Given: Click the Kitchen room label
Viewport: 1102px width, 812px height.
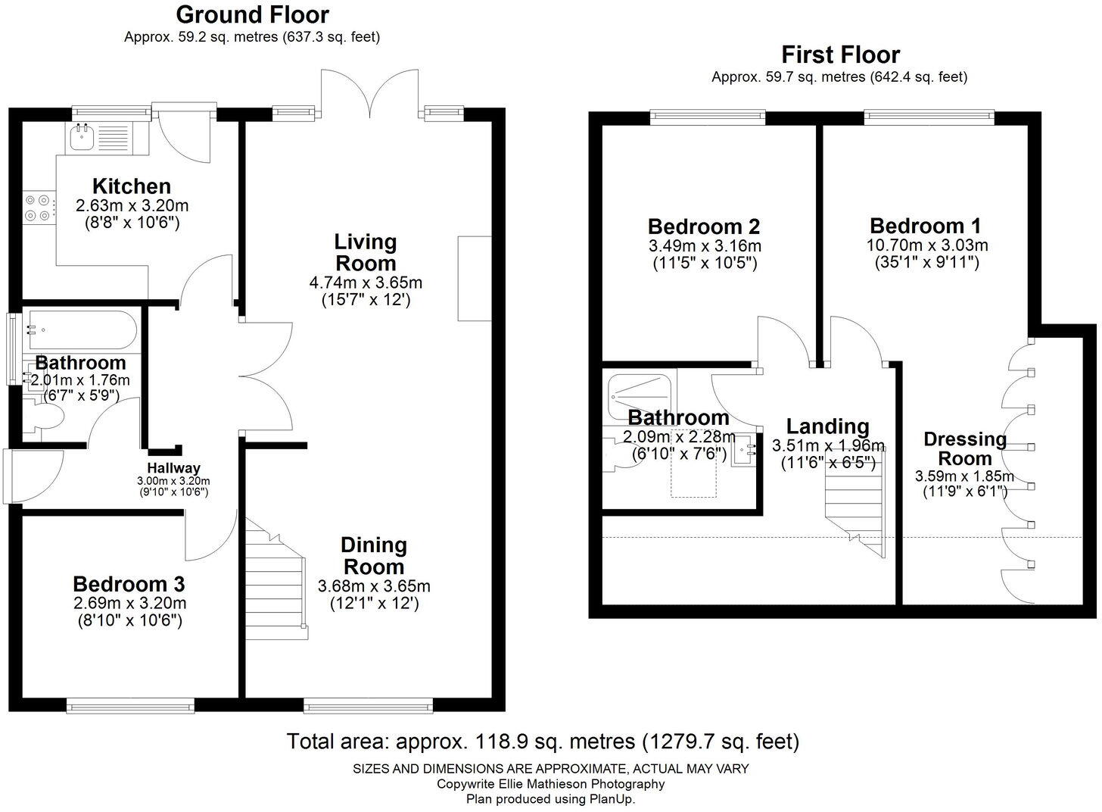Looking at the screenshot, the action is (x=132, y=186).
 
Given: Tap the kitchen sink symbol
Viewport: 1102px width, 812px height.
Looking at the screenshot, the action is (x=80, y=137).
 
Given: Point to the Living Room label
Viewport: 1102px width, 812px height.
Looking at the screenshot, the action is (x=366, y=252).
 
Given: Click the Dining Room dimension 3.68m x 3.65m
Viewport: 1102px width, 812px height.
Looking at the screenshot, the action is (x=374, y=586).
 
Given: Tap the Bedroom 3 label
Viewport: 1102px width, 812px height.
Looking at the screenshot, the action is (x=129, y=584).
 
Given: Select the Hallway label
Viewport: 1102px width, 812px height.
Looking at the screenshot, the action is (x=173, y=468).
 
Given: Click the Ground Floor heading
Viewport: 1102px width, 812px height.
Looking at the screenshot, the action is (x=252, y=15).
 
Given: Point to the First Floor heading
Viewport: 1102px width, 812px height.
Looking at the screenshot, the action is (x=841, y=55).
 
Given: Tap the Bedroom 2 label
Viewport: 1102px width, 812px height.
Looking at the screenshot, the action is (x=704, y=227).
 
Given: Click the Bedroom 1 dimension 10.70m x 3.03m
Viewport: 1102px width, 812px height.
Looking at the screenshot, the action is (x=927, y=245).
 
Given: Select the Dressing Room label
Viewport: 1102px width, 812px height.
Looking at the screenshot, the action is (x=965, y=448).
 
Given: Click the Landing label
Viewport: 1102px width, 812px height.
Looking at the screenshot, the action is (x=827, y=426).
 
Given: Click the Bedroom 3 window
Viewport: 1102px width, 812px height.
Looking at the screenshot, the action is (x=130, y=706).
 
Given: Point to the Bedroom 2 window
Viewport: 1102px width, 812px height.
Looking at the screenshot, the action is (x=708, y=117).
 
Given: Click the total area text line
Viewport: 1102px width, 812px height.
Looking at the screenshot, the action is (x=543, y=741).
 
